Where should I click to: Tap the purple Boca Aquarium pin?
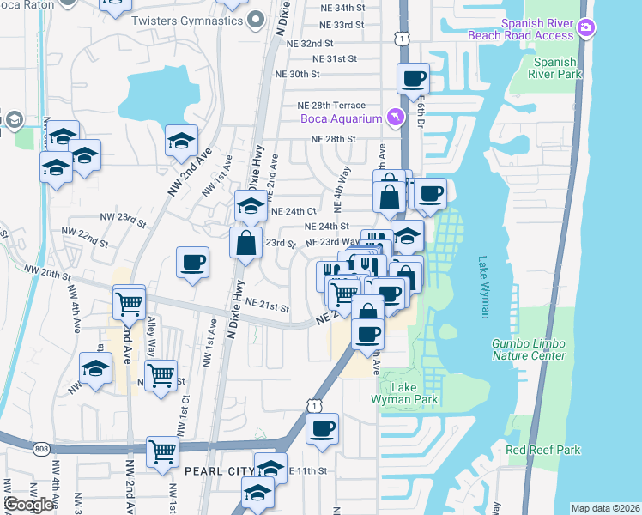click(395, 117)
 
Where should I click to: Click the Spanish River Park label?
click(555, 68)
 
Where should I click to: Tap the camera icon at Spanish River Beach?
click(587, 27)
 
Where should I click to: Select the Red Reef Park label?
click(543, 450)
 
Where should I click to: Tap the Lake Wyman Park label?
click(405, 393)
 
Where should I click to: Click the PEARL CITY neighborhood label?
click(218, 471)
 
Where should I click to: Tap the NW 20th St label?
click(47, 272)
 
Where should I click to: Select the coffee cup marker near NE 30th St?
click(413, 79)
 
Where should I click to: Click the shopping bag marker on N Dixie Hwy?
click(246, 242)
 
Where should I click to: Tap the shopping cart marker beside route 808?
click(162, 451)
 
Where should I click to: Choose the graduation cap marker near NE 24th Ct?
click(251, 206)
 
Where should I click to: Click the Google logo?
click(28, 505)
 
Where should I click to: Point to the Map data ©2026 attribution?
click(605, 508)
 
